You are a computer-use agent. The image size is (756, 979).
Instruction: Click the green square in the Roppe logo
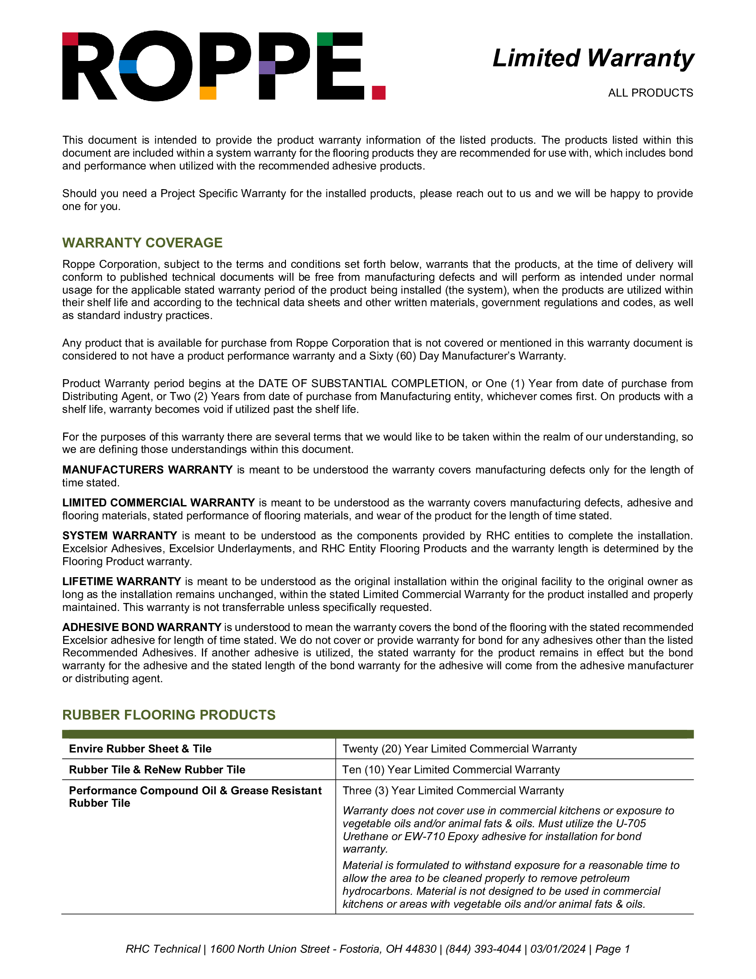(x=325, y=39)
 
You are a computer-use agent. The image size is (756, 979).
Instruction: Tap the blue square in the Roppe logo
(x=128, y=67)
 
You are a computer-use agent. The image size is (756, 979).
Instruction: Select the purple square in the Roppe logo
(x=267, y=67)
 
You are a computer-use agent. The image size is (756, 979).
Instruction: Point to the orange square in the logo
(x=208, y=93)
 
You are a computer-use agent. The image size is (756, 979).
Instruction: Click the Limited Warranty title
(x=593, y=58)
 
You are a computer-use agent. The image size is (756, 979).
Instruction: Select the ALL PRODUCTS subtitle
(x=650, y=93)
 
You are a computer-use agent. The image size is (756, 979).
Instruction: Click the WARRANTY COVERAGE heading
(x=142, y=243)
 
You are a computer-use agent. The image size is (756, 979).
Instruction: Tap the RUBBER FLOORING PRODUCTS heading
(x=169, y=715)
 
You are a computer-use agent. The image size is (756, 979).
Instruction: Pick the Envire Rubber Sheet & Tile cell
(x=140, y=748)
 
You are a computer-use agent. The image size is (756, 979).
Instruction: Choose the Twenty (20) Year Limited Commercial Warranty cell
(x=459, y=748)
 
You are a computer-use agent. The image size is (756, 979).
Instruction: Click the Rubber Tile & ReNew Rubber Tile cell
(x=157, y=770)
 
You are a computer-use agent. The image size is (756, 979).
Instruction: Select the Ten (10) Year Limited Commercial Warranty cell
(x=451, y=770)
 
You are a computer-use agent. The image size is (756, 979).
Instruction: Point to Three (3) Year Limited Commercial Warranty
(x=453, y=790)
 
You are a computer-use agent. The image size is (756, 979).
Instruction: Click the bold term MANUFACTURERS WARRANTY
(x=147, y=469)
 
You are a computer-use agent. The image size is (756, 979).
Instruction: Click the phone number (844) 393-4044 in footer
(x=483, y=949)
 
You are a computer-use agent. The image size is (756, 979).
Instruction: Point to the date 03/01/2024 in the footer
(x=558, y=949)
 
